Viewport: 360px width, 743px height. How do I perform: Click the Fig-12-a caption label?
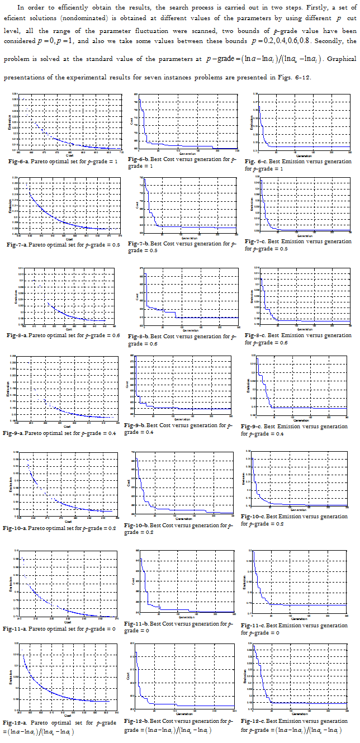coord(18,723)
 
